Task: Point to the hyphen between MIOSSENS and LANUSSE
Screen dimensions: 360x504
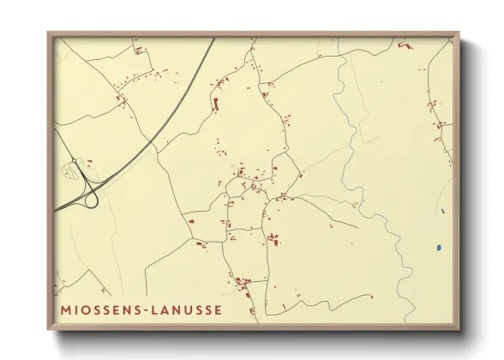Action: coord(145,309)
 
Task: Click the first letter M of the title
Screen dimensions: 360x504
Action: coord(66,309)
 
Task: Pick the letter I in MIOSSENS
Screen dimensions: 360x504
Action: coord(76,309)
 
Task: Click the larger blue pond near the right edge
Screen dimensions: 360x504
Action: coord(438,248)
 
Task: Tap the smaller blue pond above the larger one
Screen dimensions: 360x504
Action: coord(442,211)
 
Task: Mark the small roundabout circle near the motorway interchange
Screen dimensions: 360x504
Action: coord(75,161)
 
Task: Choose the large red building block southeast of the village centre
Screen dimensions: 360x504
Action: coord(273,238)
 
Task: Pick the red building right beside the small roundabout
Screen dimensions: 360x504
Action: coord(88,161)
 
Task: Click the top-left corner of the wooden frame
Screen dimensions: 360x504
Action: coord(49,33)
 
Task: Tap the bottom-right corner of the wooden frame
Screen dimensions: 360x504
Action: coord(459,328)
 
